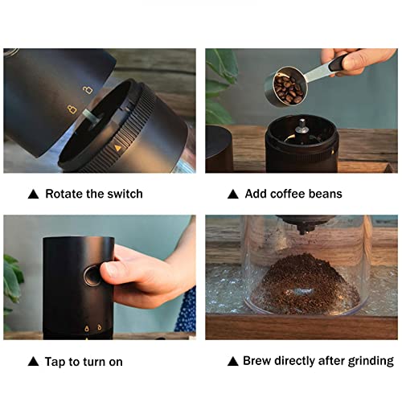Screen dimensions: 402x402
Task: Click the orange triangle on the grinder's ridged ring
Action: click(x=117, y=148)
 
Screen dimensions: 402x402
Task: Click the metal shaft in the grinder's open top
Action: click(x=300, y=125)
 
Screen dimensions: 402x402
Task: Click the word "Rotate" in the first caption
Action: click(x=64, y=194)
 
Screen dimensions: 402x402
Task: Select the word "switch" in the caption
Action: click(x=124, y=194)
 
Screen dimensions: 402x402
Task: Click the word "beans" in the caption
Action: click(x=323, y=194)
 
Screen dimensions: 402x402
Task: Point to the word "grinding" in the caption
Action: click(x=370, y=361)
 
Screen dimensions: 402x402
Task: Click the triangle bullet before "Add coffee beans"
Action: click(x=233, y=194)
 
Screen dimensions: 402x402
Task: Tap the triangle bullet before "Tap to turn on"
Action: click(x=33, y=362)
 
